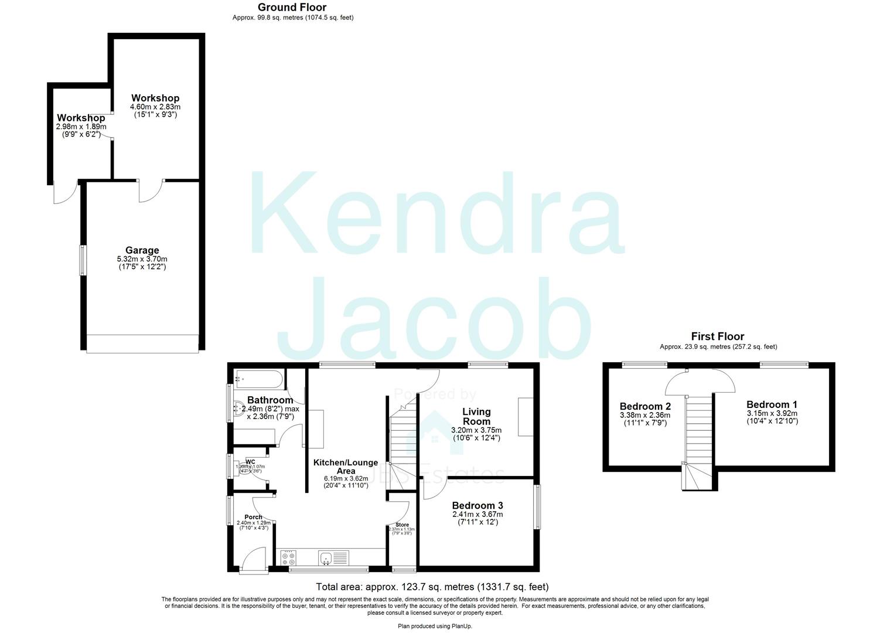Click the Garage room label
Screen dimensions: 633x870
(x=142, y=250)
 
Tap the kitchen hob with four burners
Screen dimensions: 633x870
(x=288, y=557)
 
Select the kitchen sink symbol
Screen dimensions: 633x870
(x=334, y=557)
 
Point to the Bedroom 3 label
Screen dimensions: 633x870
(x=477, y=505)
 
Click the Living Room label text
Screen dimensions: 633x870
(x=476, y=416)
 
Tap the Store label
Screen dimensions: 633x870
(x=402, y=525)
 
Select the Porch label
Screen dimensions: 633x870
(x=253, y=517)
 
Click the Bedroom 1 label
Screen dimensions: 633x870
(x=771, y=404)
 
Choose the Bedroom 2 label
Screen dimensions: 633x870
(x=645, y=406)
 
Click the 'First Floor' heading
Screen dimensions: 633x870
(x=717, y=336)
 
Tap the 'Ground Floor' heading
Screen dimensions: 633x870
(x=292, y=7)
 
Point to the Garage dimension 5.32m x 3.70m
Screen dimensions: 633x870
(x=142, y=259)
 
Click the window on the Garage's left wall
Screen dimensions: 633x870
(x=83, y=260)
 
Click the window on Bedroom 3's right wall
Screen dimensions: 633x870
(x=537, y=506)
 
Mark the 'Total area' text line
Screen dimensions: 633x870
(x=432, y=586)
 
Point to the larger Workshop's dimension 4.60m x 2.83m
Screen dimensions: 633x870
(x=155, y=107)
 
